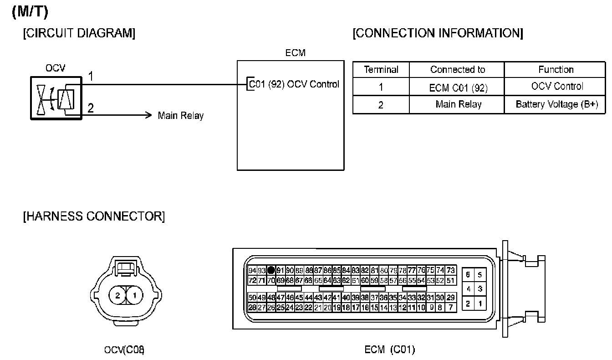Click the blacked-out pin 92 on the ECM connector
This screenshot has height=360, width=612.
point(271,270)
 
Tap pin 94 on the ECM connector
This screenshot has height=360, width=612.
point(252,270)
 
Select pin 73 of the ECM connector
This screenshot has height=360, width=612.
point(451,270)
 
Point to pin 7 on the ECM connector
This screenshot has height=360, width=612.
point(451,308)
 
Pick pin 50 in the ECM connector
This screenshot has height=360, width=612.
point(252,298)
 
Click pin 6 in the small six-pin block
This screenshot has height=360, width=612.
point(468,275)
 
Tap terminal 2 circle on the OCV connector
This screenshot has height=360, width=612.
point(117,296)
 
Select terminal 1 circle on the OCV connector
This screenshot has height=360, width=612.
point(134,296)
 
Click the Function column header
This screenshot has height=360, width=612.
point(556,70)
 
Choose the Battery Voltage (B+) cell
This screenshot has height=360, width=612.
point(556,104)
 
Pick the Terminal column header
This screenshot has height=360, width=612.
point(381,70)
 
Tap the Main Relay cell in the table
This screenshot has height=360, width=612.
point(458,104)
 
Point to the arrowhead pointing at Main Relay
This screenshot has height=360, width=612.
point(148,115)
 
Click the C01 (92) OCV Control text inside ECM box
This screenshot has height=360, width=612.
point(294,84)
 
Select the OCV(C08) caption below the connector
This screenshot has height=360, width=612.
point(124,350)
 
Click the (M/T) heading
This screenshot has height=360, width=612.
point(30,13)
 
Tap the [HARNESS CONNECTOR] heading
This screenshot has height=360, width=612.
point(94,216)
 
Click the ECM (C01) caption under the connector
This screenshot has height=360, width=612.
point(390,350)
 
